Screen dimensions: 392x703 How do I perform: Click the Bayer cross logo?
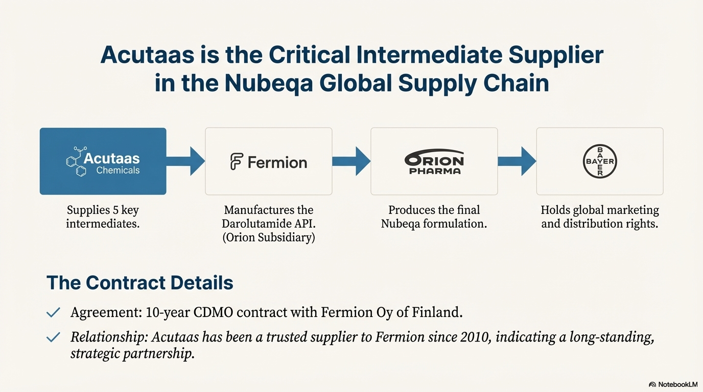[x=600, y=161]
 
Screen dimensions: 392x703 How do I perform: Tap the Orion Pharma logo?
[x=434, y=162]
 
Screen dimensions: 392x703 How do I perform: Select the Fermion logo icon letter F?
[x=237, y=162]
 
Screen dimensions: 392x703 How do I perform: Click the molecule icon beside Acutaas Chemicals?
[x=75, y=161]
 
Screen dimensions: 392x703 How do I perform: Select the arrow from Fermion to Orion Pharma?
[x=351, y=161]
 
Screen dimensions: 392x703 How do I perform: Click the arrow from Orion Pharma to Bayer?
[x=517, y=161]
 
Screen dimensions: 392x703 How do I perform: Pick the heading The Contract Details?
[x=139, y=283]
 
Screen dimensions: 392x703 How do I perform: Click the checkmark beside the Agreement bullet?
[x=53, y=312]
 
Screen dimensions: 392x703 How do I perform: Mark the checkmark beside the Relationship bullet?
[x=53, y=337]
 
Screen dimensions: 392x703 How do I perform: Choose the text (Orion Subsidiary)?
[x=268, y=237]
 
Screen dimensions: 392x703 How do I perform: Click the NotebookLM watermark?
[x=673, y=384]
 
